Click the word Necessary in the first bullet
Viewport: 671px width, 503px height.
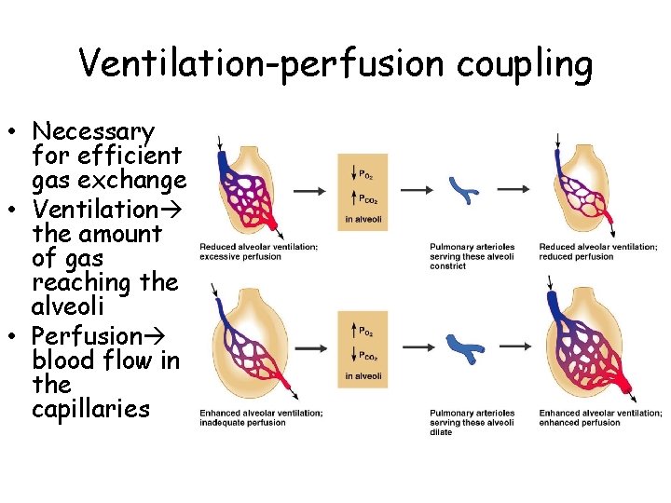[93, 131]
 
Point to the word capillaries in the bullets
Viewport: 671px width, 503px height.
[90, 409]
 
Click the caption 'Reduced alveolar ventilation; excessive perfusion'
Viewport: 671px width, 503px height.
[258, 251]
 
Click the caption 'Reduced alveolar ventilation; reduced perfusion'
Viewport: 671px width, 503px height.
[590, 251]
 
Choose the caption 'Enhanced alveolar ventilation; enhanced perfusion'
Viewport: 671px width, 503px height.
[600, 417]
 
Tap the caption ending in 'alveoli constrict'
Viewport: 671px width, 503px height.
[472, 256]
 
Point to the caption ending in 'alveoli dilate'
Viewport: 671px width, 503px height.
[472, 422]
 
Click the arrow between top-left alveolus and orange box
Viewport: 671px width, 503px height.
[309, 190]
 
